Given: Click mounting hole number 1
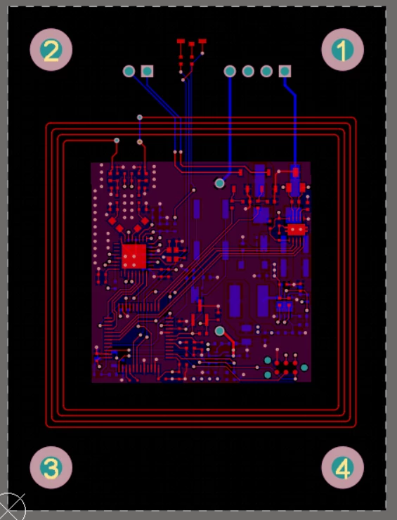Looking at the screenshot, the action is click(342, 50).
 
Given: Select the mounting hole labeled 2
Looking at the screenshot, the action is click(51, 50).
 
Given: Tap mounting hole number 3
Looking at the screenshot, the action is click(51, 467).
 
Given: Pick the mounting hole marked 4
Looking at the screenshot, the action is click(342, 467).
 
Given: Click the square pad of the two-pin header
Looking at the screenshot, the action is click(147, 71).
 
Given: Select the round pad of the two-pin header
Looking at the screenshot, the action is click(129, 71).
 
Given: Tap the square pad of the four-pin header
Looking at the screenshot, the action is click(285, 71).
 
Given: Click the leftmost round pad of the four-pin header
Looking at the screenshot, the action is click(230, 71).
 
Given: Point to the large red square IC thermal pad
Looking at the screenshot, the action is click(134, 256).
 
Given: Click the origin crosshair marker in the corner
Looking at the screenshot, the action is click(10, 508).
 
